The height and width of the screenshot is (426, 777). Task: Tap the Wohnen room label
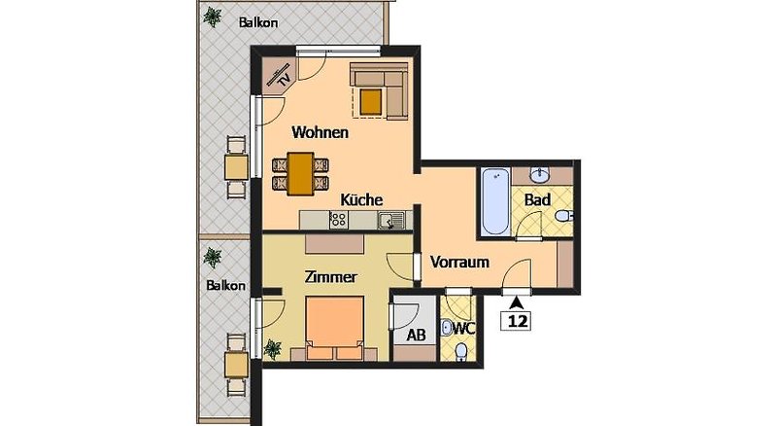321,132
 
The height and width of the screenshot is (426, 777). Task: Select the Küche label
361,199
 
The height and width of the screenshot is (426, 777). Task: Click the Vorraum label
459,262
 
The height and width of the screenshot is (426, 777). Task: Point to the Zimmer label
330,277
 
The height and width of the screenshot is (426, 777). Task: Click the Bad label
538,200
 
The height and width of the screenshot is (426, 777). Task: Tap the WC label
464,328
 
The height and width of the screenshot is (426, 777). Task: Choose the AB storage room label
416,336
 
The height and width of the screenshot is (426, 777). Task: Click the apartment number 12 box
518,321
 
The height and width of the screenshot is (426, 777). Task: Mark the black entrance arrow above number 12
518,302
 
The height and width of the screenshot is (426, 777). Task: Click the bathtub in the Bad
495,201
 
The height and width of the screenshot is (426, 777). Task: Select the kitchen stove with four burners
338,220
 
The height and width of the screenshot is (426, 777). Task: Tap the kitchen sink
391,220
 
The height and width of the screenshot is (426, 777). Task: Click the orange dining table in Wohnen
300,174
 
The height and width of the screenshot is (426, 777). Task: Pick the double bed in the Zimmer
335,328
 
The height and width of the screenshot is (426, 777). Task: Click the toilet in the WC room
462,351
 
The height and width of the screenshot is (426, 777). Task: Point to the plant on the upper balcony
213,17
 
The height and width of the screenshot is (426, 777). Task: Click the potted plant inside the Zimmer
272,348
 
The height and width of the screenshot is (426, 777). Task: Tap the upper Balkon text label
258,22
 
